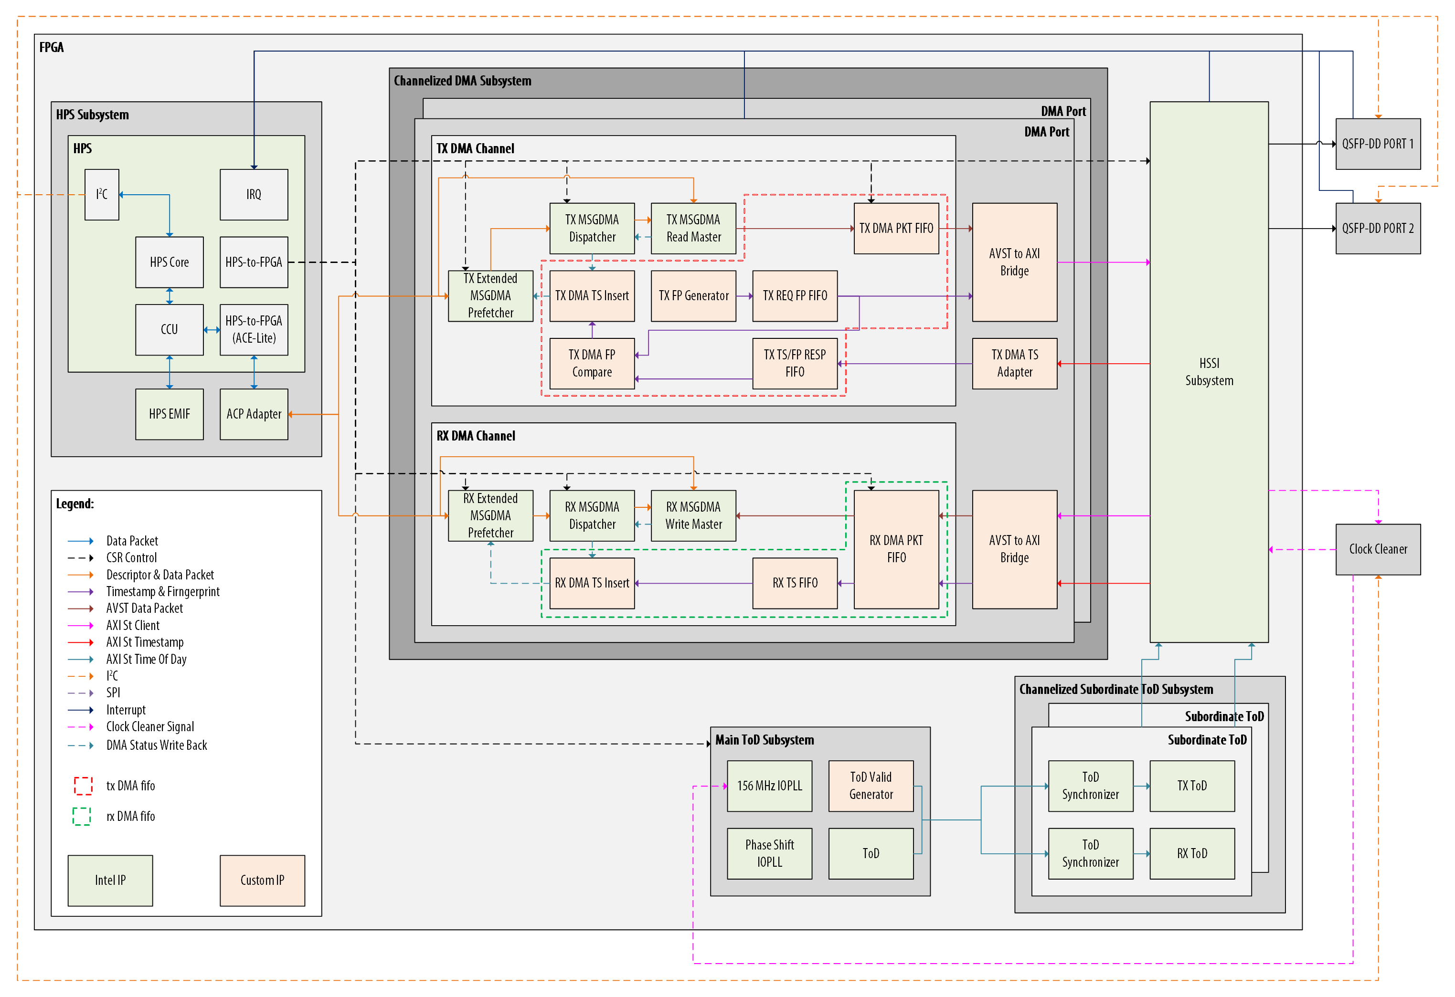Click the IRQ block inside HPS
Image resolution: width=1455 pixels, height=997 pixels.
pos(254,195)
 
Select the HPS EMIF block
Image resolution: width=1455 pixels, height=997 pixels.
pos(169,414)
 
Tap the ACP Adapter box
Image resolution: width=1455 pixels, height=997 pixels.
pos(254,414)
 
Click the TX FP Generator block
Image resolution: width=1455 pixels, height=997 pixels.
pos(693,296)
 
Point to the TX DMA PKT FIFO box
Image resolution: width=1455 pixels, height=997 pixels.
pos(896,229)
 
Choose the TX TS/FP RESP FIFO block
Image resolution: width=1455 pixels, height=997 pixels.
pos(795,364)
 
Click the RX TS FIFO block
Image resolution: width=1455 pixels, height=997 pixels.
pos(795,583)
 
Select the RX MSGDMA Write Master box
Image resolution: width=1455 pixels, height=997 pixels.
pos(693,516)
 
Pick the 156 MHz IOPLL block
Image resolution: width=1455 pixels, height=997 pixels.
pos(769,786)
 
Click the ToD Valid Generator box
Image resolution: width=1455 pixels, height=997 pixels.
pos(871,786)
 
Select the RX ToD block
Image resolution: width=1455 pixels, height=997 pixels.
pos(1192,854)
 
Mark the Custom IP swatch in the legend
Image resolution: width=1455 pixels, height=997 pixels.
pos(262,881)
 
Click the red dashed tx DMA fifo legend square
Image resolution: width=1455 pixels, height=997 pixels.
pos(83,786)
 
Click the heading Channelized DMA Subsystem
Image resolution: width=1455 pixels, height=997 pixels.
pos(462,81)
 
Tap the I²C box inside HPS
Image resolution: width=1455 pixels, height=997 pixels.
pos(101,195)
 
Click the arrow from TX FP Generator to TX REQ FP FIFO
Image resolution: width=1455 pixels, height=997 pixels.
pos(744,296)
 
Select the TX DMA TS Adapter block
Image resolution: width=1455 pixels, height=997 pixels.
pos(1014,364)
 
